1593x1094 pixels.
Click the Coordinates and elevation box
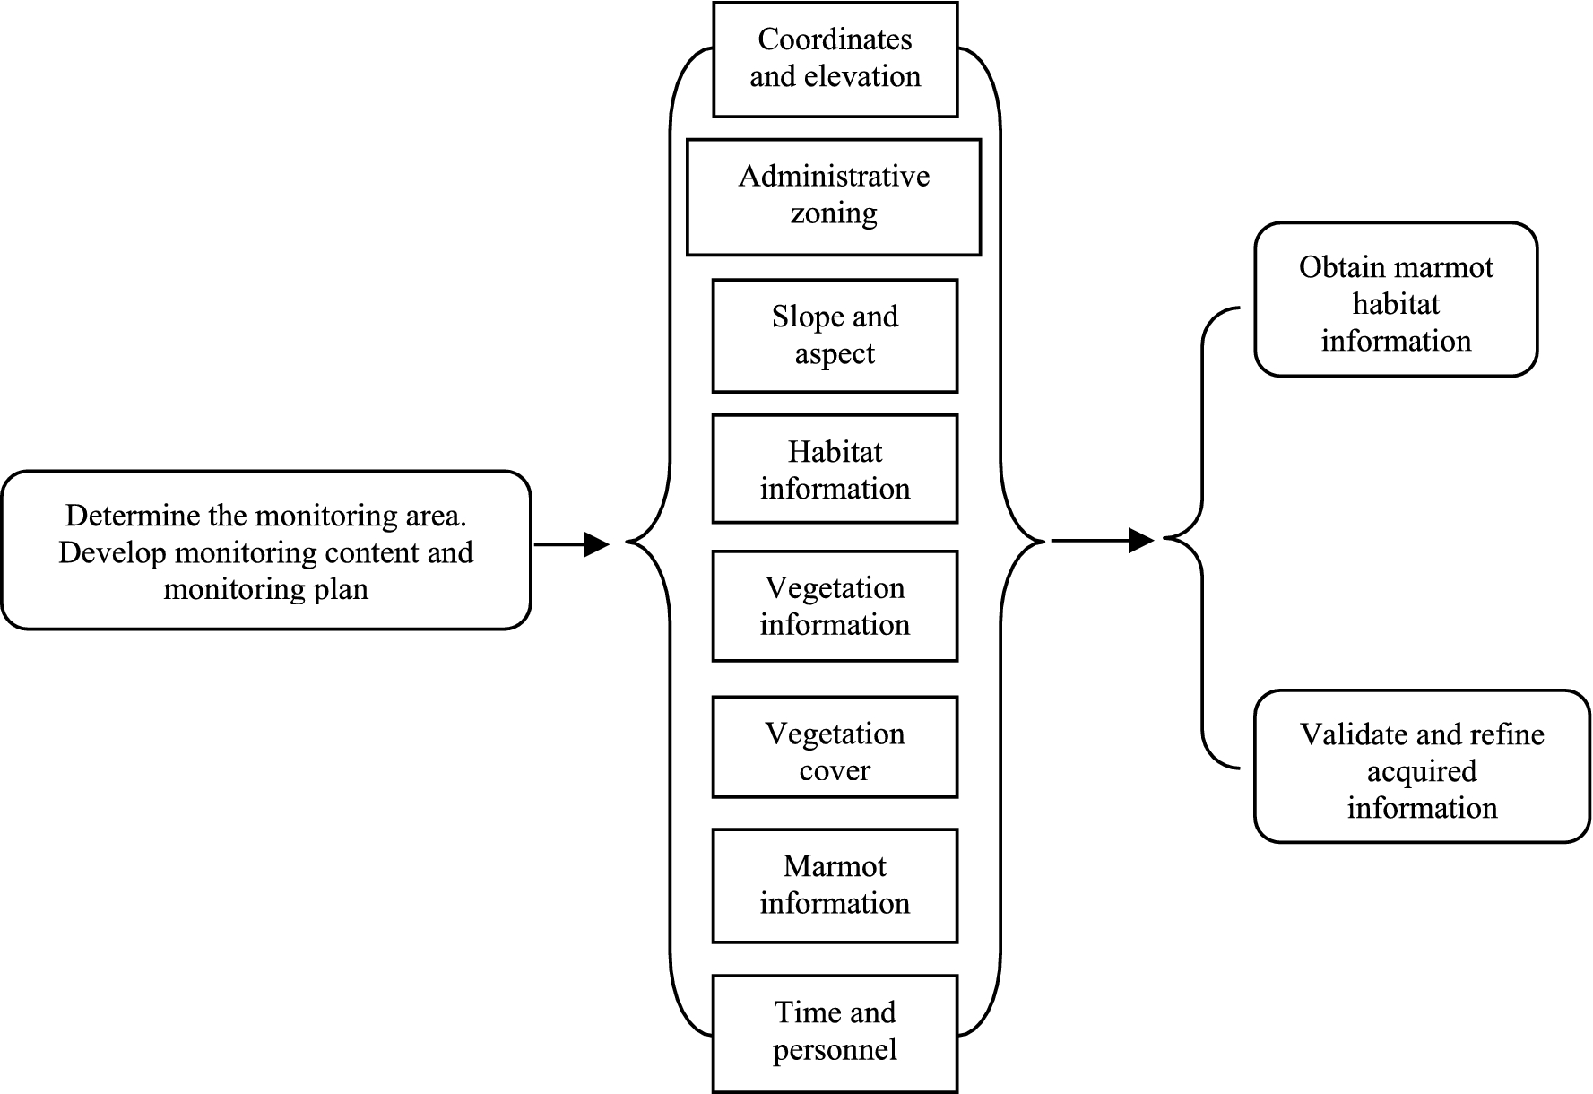(x=835, y=58)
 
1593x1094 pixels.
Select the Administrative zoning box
(x=834, y=196)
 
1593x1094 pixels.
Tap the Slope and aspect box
(x=835, y=335)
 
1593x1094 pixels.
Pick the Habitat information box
(x=835, y=469)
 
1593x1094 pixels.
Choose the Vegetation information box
(x=835, y=606)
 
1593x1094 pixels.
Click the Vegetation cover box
(x=835, y=747)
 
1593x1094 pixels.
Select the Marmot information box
(x=835, y=885)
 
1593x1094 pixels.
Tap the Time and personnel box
(x=835, y=1032)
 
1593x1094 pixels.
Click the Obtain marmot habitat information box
(x=1396, y=300)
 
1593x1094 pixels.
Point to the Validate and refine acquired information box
(x=1421, y=767)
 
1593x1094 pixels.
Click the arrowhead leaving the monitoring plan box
(x=596, y=544)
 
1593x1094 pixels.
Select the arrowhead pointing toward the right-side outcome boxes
(x=1140, y=541)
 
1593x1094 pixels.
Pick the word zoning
(x=834, y=214)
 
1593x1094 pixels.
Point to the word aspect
(x=835, y=355)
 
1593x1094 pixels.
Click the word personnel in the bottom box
(x=835, y=1050)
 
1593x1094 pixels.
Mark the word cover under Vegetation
(x=835, y=771)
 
